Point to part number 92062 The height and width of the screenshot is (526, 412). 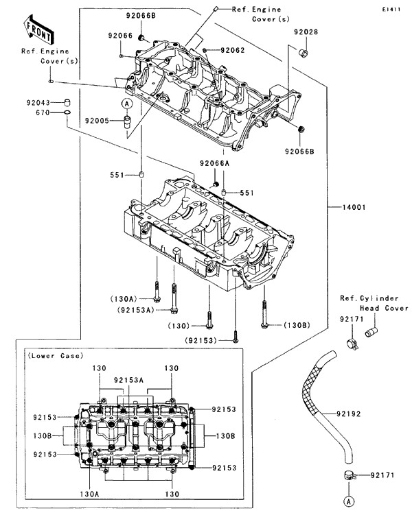[233, 50]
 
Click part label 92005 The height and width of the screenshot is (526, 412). [97, 120]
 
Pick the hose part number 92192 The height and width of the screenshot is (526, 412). [351, 414]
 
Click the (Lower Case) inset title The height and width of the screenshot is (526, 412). [54, 355]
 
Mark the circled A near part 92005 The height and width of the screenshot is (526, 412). [127, 104]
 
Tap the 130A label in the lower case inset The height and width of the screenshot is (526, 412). [90, 493]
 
